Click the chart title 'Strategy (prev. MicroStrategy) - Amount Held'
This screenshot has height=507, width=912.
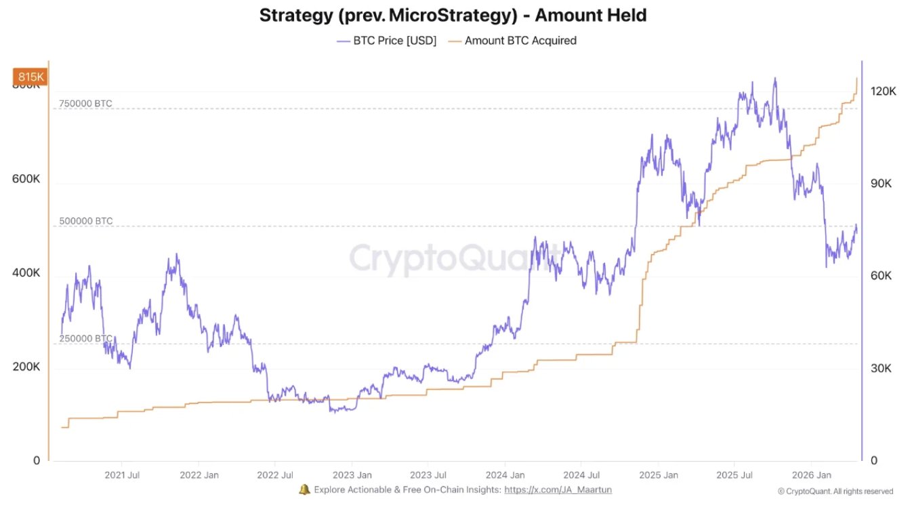pos(453,15)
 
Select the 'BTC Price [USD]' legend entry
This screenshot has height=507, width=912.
pos(388,41)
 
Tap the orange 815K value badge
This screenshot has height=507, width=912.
pos(30,77)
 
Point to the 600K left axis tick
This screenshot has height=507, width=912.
pos(26,179)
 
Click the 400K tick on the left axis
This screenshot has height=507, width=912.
pos(26,273)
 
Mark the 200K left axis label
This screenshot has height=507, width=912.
pos(26,367)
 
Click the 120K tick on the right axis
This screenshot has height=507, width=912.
pos(884,91)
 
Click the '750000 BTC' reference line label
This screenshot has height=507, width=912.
pos(85,104)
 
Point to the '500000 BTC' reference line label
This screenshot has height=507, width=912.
pos(85,221)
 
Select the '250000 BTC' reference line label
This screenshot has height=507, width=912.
pos(85,338)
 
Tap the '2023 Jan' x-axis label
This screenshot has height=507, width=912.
pos(352,474)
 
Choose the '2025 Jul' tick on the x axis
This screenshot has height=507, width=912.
pos(735,474)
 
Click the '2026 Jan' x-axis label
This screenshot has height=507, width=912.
pos(812,474)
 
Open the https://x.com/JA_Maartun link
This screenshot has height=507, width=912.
pos(558,489)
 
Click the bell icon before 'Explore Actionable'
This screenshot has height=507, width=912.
pos(304,489)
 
